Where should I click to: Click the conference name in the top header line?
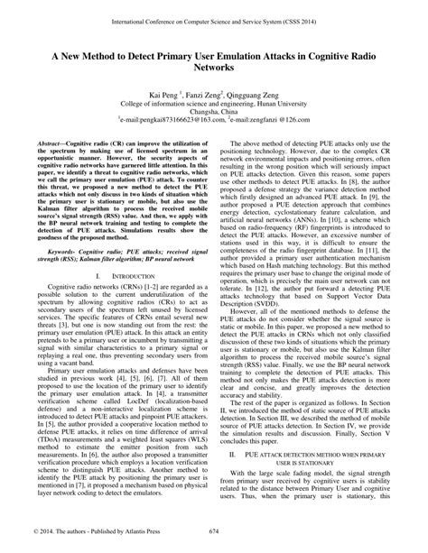coord(213,17)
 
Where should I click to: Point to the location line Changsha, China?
coord(214,113)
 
